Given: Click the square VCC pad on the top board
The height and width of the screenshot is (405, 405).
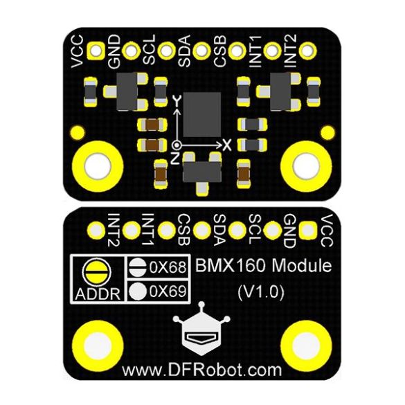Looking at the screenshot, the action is click(x=96, y=51).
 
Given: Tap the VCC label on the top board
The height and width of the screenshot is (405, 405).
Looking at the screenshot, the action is click(x=78, y=51).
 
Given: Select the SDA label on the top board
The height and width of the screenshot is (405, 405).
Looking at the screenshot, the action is click(x=184, y=51).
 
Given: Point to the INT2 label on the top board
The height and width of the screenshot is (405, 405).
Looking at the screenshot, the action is click(x=290, y=51).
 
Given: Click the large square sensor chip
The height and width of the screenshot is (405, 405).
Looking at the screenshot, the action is click(x=202, y=114).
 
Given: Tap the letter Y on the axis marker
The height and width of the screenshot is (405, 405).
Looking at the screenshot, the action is click(x=177, y=101).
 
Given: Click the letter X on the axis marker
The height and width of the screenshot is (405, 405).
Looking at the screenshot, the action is click(x=227, y=145).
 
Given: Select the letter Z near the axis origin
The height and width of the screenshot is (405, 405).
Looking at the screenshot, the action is click(x=175, y=158).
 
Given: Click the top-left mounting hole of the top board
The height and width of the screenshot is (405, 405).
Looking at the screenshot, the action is click(x=98, y=166).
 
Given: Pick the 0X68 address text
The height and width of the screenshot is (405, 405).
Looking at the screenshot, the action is click(x=168, y=267).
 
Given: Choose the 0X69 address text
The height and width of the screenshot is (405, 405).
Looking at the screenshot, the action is click(x=168, y=291).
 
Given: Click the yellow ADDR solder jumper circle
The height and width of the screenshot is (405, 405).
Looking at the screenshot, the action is click(x=96, y=272).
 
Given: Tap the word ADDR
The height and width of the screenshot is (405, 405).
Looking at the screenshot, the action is click(x=98, y=294).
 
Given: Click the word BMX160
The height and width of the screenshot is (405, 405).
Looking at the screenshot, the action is click(x=231, y=266).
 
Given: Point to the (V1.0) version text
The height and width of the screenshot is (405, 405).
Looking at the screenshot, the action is click(x=261, y=292).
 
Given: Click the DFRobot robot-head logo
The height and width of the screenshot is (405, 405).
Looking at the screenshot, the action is click(x=201, y=330).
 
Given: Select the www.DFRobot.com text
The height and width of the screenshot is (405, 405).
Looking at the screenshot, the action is click(x=201, y=370).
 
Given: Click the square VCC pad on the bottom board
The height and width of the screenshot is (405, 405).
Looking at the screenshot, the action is click(x=307, y=230).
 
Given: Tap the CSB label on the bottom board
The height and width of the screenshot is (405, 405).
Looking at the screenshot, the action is click(x=184, y=230).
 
